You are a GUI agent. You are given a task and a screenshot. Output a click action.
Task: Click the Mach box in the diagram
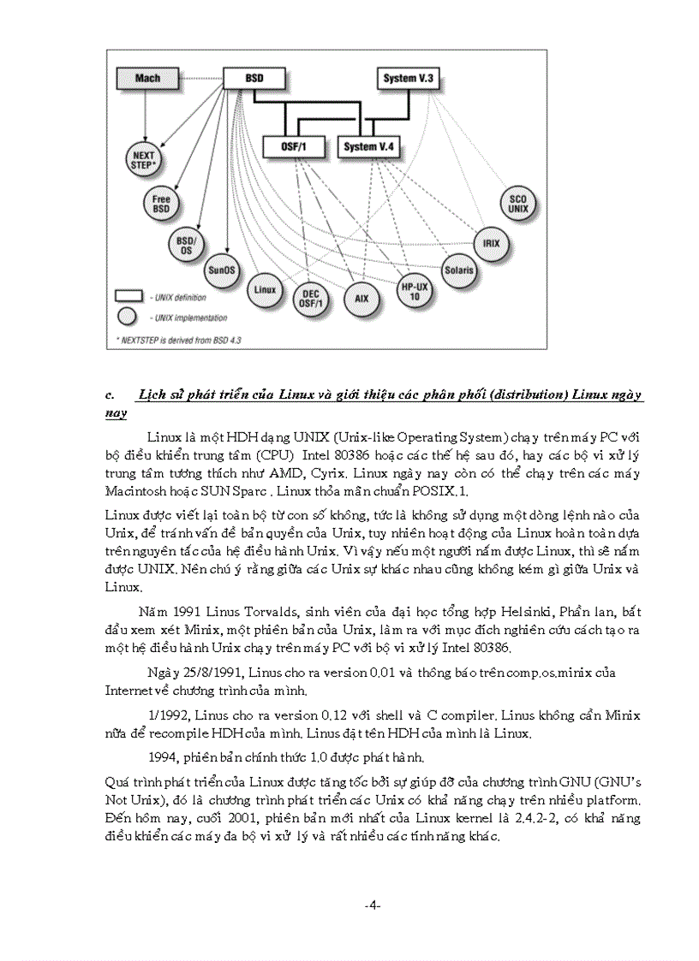click(147, 79)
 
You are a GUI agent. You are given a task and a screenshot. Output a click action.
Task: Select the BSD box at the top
click(254, 78)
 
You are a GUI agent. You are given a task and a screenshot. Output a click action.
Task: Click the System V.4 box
click(368, 147)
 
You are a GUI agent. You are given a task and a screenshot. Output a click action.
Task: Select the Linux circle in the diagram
click(266, 290)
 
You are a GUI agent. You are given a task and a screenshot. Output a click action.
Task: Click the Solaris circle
click(458, 270)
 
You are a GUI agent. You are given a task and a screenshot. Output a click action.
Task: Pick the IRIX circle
click(491, 243)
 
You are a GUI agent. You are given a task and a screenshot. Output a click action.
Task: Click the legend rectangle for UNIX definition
click(128, 296)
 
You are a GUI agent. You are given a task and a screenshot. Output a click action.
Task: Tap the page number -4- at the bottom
click(372, 905)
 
